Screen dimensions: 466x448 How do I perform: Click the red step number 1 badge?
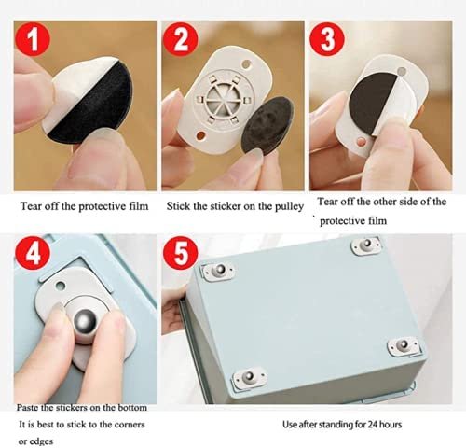click(x=33, y=39)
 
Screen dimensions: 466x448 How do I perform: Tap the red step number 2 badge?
click(x=181, y=39)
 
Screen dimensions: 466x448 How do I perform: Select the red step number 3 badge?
click(x=327, y=39)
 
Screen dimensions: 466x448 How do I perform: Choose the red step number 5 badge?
click(x=181, y=253)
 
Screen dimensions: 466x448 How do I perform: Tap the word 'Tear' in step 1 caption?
click(x=31, y=206)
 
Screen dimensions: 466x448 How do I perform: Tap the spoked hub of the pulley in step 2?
click(x=221, y=101)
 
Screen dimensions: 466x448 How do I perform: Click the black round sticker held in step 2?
click(x=267, y=124)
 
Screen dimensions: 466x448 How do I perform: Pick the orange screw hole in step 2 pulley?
click(x=201, y=135)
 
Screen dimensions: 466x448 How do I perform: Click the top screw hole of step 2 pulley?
click(x=246, y=65)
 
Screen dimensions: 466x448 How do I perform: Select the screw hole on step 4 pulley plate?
click(x=60, y=285)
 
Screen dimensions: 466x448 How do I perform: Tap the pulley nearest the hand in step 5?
click(x=218, y=272)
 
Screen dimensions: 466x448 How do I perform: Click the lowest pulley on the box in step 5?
click(x=250, y=377)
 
